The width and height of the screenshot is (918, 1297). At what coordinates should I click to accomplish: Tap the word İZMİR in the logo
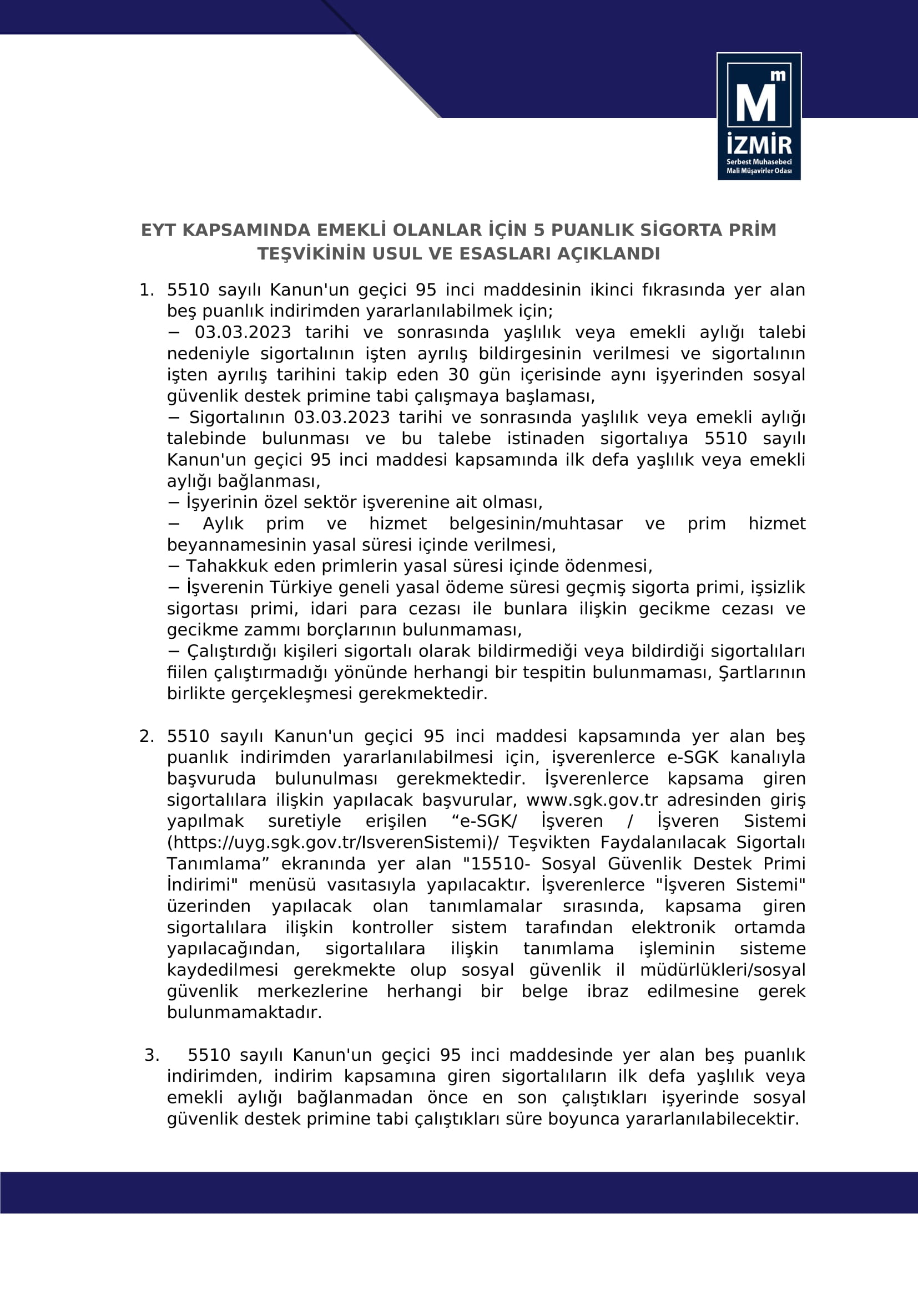(759, 145)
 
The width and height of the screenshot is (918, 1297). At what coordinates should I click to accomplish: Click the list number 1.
(145, 291)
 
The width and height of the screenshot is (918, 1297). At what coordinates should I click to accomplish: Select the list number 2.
(145, 736)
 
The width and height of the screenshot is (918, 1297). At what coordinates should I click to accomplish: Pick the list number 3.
(151, 1055)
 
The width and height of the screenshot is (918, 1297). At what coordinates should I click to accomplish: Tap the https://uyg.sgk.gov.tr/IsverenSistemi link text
(333, 843)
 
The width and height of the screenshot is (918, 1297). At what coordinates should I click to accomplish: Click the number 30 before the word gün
(458, 375)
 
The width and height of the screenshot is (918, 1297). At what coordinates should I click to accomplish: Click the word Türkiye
(302, 587)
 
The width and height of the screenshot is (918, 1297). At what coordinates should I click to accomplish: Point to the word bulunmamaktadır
(244, 1013)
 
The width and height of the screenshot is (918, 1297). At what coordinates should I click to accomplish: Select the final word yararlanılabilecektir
(712, 1119)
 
